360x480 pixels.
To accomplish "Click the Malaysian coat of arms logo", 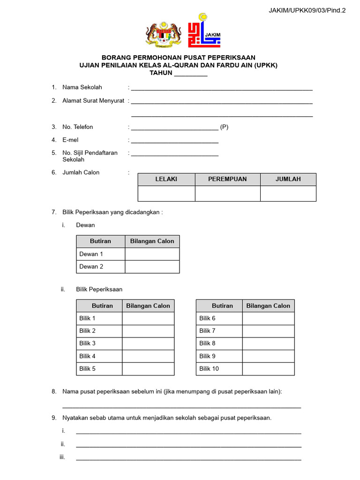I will point(164,34).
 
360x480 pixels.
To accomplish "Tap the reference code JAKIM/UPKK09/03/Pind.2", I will point(307,10).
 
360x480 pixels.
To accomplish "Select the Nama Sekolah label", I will point(82,87).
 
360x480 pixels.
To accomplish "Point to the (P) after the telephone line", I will point(224,127).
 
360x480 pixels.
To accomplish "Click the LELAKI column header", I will point(166,179).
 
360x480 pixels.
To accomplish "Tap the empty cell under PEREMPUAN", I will point(227,194).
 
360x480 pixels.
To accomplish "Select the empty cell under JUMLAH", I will point(288,194).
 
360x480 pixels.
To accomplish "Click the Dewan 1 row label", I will point(91,254).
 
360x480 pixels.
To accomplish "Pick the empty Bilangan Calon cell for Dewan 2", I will point(152,267).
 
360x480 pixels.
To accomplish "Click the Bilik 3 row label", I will point(87,344).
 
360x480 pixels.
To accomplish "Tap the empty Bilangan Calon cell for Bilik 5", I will point(148,369).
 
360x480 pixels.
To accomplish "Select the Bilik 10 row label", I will point(209,369).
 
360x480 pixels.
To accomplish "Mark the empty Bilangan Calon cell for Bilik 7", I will point(268,331).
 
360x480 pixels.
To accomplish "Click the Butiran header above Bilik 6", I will point(222,306).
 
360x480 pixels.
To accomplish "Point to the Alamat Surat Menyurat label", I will point(93,100).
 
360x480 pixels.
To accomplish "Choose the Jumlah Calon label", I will point(81,172).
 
